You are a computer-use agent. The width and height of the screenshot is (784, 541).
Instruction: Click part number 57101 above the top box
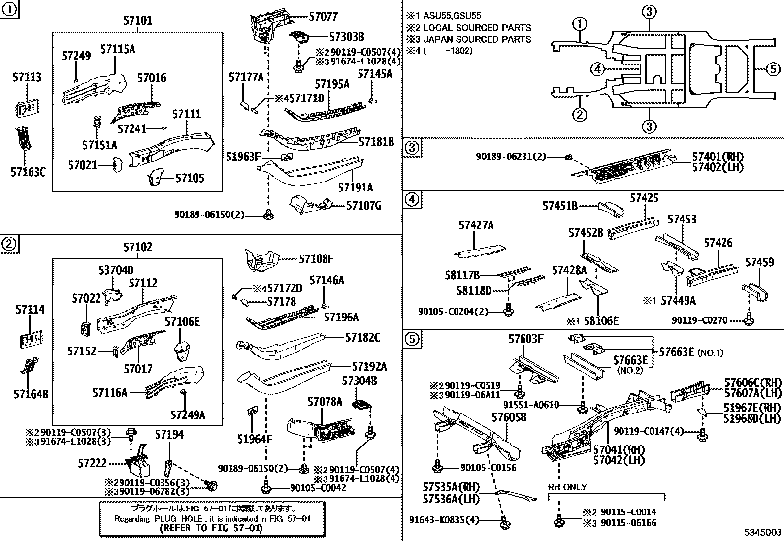click(137, 21)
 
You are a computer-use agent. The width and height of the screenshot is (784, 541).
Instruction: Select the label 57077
click(323, 16)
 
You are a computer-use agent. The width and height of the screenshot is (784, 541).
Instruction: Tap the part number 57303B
click(346, 36)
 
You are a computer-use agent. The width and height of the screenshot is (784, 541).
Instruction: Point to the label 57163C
click(28, 172)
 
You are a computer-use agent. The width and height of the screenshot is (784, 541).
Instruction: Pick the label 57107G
click(364, 205)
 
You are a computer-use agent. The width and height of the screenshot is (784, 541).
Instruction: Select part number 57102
click(137, 247)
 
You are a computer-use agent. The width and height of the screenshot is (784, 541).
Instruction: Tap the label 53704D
click(116, 270)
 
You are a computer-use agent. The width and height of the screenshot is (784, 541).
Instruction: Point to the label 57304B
click(360, 381)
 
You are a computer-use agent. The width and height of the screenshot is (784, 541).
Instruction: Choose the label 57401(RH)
click(718, 157)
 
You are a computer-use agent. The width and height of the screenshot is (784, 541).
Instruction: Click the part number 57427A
click(476, 225)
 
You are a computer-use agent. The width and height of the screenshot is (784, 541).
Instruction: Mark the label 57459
click(759, 263)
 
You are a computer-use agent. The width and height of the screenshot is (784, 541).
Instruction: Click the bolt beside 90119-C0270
click(749, 320)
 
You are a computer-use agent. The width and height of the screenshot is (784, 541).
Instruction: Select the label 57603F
click(526, 339)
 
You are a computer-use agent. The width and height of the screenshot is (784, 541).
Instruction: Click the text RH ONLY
click(567, 487)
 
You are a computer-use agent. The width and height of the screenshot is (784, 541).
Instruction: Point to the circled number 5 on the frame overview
click(773, 69)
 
